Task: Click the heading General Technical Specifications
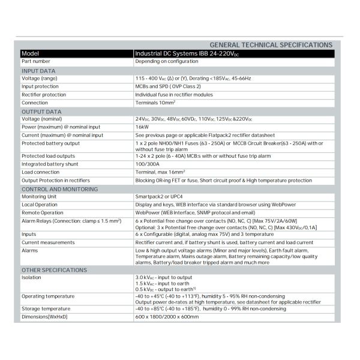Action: (271, 45)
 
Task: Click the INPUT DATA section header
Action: (38, 70)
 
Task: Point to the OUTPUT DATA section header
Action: (41, 112)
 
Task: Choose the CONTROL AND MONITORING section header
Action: (59, 189)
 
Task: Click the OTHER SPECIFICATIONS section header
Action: (54, 270)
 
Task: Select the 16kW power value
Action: (142, 127)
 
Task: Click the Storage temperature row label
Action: (47, 309)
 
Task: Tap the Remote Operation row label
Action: (43, 212)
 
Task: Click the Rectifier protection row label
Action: (44, 95)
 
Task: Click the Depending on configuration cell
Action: (166, 61)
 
